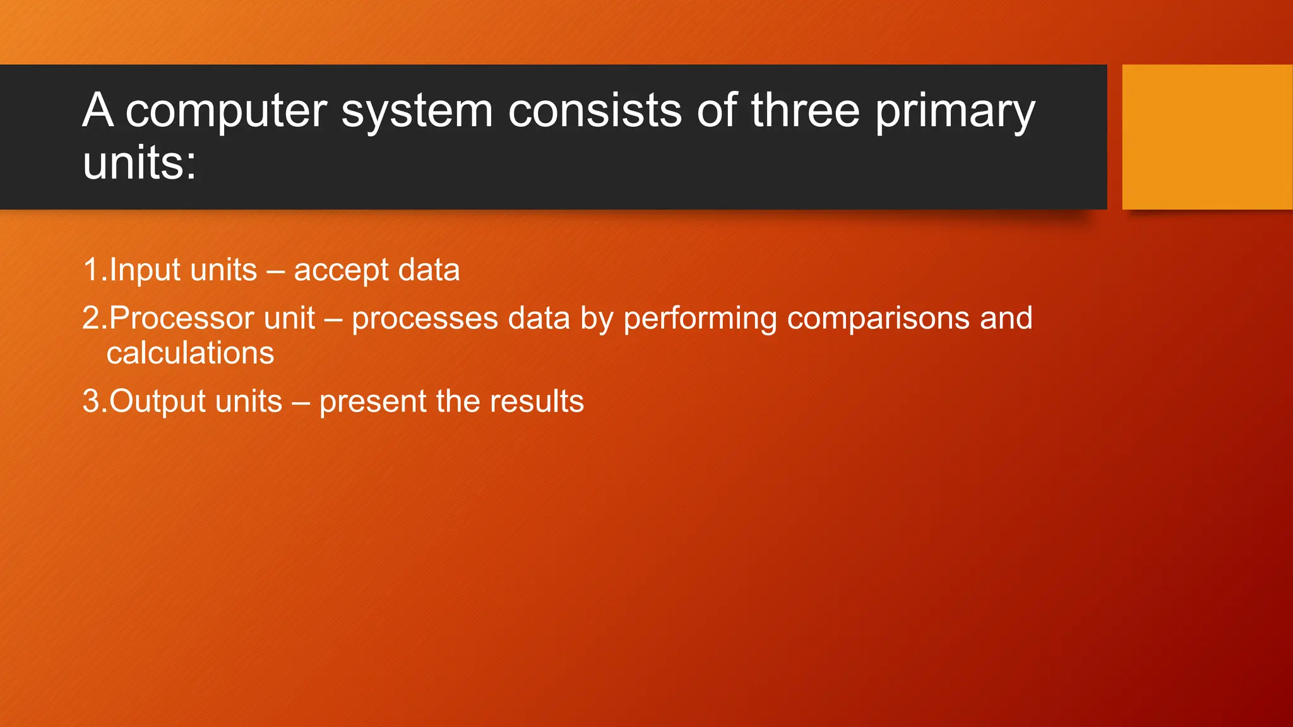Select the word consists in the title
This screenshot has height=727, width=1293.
(595, 111)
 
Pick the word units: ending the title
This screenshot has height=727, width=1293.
(140, 163)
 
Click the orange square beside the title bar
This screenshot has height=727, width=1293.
(1207, 136)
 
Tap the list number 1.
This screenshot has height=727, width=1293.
(92, 270)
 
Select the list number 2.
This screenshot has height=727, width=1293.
(92, 318)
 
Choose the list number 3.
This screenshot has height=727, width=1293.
(92, 401)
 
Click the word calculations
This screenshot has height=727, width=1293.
(190, 353)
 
